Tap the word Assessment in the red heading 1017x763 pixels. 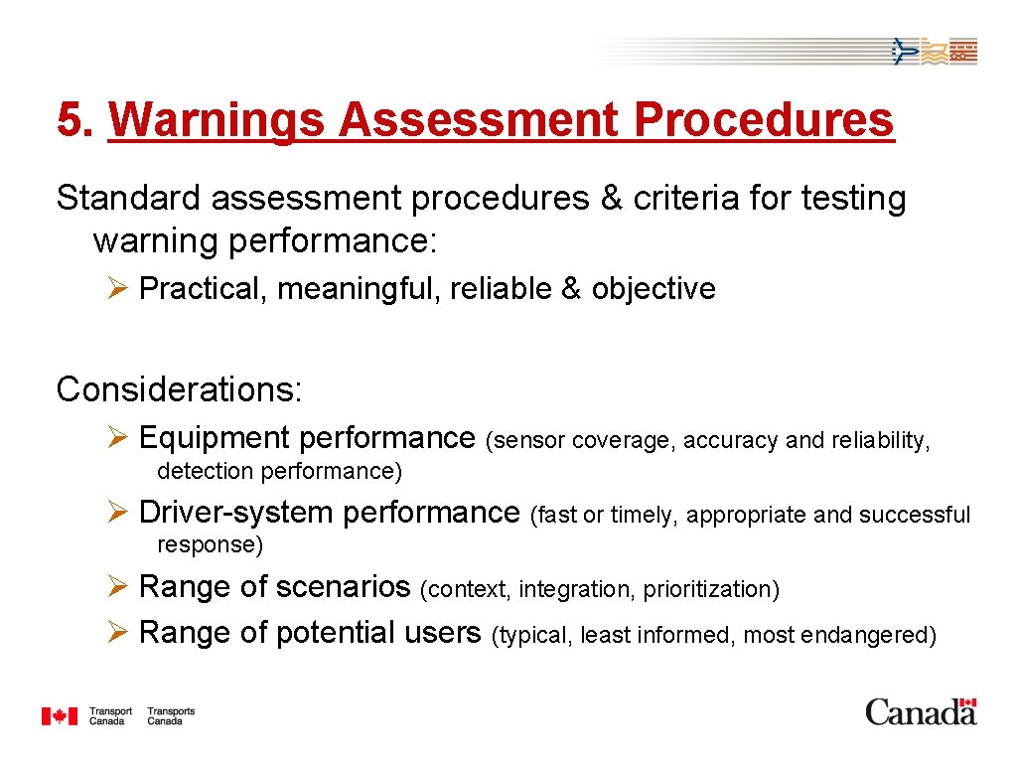coord(478,121)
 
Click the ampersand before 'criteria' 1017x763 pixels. coord(611,199)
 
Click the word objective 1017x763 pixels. coord(654,289)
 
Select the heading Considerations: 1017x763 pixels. coord(179,389)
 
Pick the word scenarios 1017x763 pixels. coord(343,587)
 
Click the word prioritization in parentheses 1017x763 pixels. coord(711,590)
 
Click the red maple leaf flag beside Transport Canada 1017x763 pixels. coord(59,716)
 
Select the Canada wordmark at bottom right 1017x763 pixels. coord(921,712)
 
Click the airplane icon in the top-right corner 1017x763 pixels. coord(904,51)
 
